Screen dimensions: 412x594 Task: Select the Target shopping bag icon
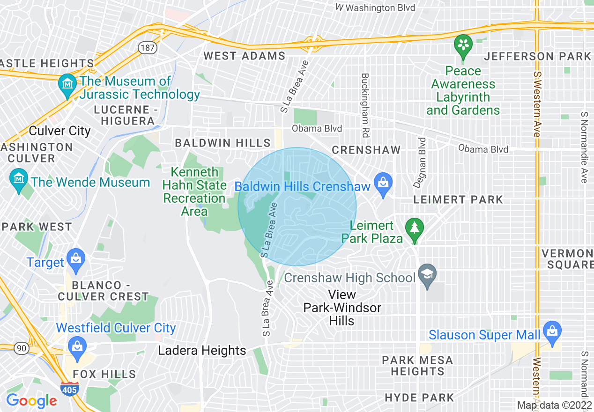coord(75,258)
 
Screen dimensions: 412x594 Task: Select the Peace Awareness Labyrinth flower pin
coord(463,46)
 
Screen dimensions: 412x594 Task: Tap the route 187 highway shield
coord(147,47)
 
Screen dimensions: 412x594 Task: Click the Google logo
coord(31,401)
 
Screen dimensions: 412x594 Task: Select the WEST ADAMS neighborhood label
coord(244,56)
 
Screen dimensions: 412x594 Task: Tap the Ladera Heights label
coord(202,351)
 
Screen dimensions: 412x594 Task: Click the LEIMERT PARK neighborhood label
coord(458,199)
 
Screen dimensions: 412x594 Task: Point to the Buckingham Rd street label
coord(365,105)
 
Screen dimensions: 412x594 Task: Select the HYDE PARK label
coord(419,398)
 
